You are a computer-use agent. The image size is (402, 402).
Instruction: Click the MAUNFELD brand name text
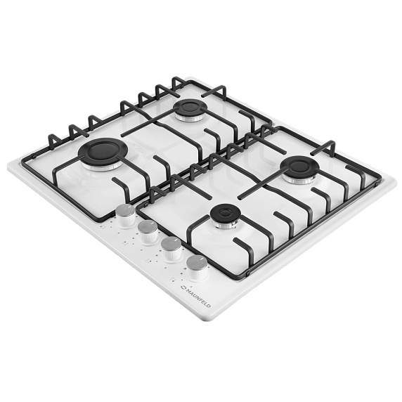[x=198, y=298]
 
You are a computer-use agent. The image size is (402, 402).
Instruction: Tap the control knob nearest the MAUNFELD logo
[x=197, y=267]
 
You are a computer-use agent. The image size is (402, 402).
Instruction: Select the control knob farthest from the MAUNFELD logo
[x=126, y=216]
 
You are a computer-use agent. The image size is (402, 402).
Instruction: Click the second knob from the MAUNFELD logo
[x=171, y=249]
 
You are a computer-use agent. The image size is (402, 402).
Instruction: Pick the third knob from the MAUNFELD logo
[x=148, y=232]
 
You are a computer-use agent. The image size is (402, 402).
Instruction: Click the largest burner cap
[x=103, y=153]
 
